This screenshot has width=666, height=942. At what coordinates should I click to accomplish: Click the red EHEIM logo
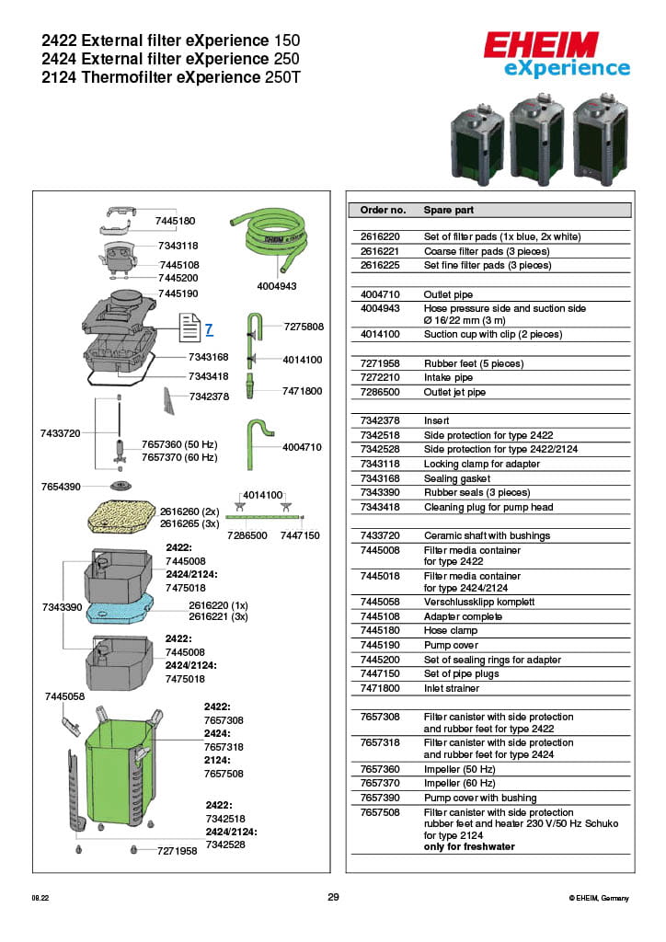541,46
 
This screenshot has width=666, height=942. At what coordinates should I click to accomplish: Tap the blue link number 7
209,329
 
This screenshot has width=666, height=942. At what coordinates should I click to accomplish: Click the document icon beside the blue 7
189,327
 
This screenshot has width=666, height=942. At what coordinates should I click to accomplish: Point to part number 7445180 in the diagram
175,222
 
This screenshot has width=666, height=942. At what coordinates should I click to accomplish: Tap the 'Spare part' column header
449,211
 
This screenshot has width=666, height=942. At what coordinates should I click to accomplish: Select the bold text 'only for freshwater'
469,846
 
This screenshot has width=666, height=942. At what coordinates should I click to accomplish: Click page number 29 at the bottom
333,897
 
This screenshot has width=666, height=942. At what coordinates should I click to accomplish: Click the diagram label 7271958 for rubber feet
177,851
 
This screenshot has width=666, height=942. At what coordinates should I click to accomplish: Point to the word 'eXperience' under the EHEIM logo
567,69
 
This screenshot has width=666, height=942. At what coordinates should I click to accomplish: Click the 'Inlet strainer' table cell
451,688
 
